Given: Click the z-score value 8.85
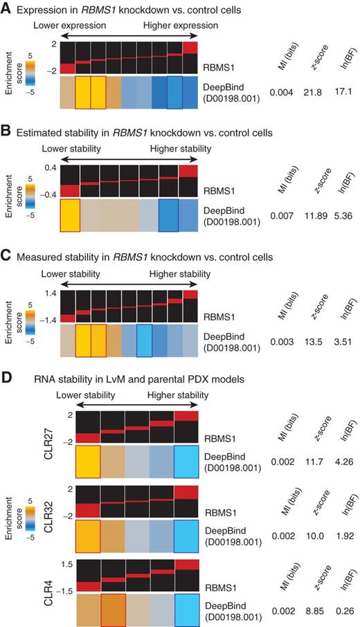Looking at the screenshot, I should (310, 612).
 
